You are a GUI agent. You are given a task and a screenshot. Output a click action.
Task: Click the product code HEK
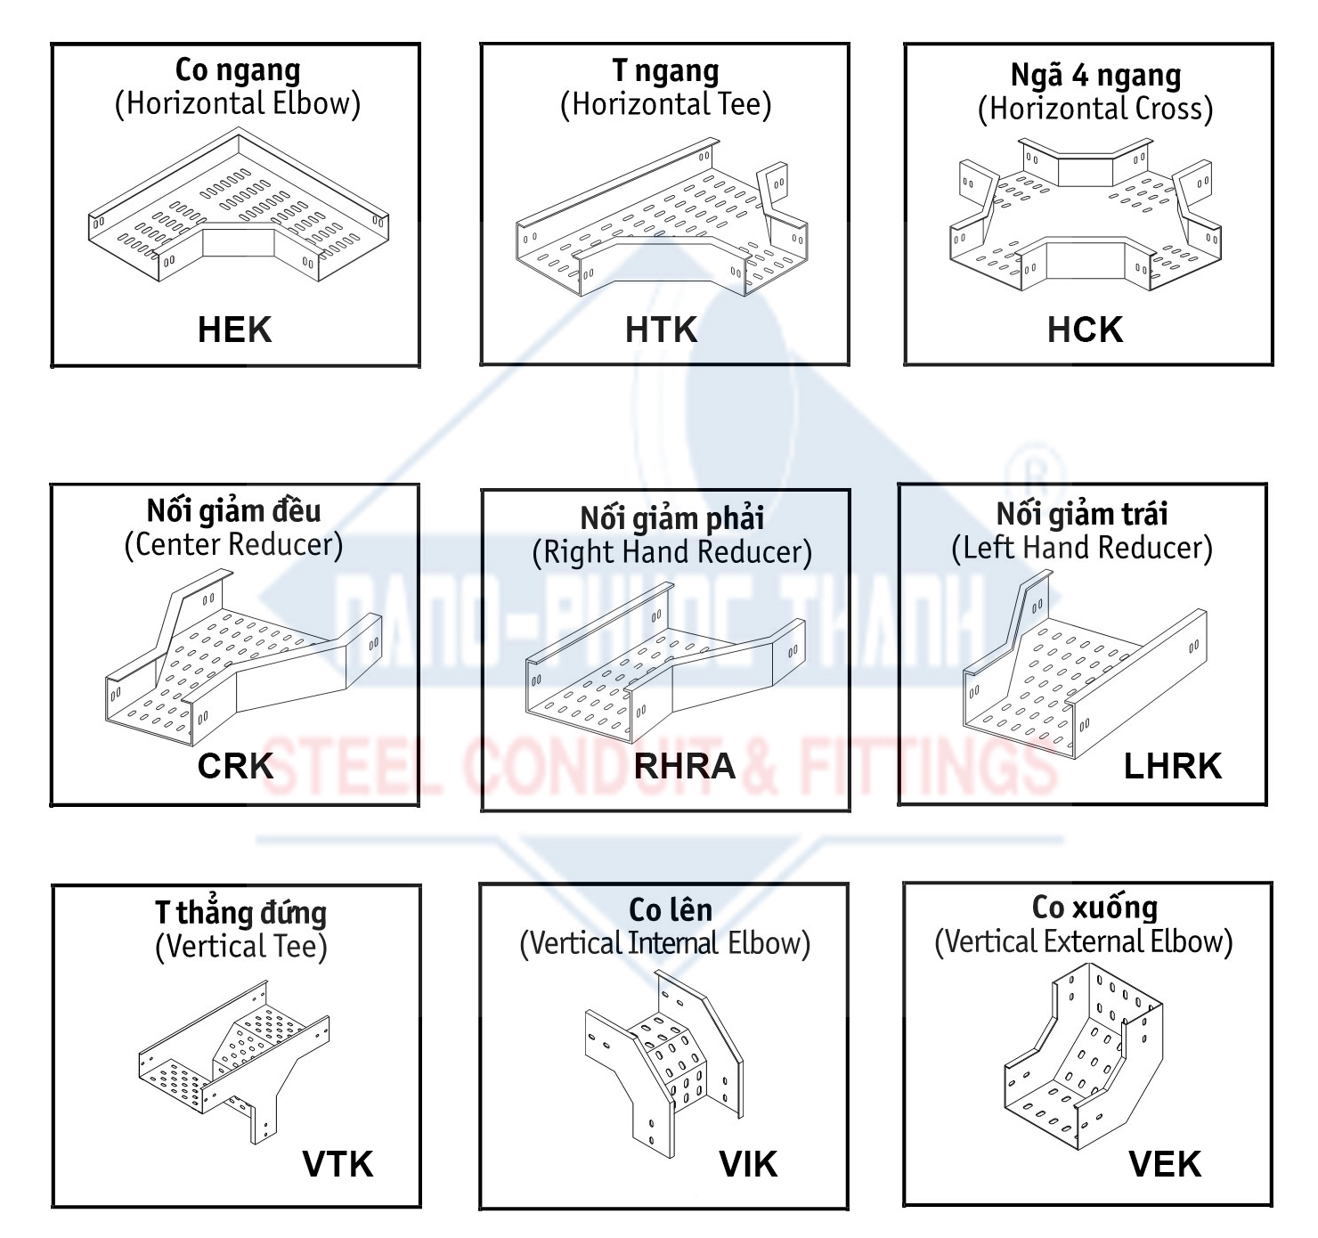(234, 330)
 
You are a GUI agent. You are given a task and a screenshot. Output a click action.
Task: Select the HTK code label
(661, 330)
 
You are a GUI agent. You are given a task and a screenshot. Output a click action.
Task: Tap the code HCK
(1085, 330)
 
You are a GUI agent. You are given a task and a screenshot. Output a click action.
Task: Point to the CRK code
(235, 766)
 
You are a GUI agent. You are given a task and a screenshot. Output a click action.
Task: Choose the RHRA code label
(684, 766)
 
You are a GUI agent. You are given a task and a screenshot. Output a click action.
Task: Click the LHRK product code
(1172, 766)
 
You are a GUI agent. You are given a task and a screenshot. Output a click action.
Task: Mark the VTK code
(338, 1164)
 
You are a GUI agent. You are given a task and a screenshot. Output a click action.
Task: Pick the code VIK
(748, 1164)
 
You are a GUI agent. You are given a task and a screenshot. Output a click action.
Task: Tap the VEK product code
(1165, 1164)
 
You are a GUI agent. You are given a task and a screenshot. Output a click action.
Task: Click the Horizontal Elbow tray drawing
(239, 209)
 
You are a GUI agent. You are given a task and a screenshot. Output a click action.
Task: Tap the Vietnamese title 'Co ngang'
(238, 69)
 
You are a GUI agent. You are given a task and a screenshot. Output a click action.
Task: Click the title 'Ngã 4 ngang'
(1095, 76)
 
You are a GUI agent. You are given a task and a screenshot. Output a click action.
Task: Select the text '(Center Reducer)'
(233, 544)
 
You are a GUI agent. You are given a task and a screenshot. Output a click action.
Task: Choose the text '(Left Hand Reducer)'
(1082, 548)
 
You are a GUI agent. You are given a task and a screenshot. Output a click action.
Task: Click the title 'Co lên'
(670, 909)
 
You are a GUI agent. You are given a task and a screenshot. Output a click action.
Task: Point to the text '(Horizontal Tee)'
(665, 104)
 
